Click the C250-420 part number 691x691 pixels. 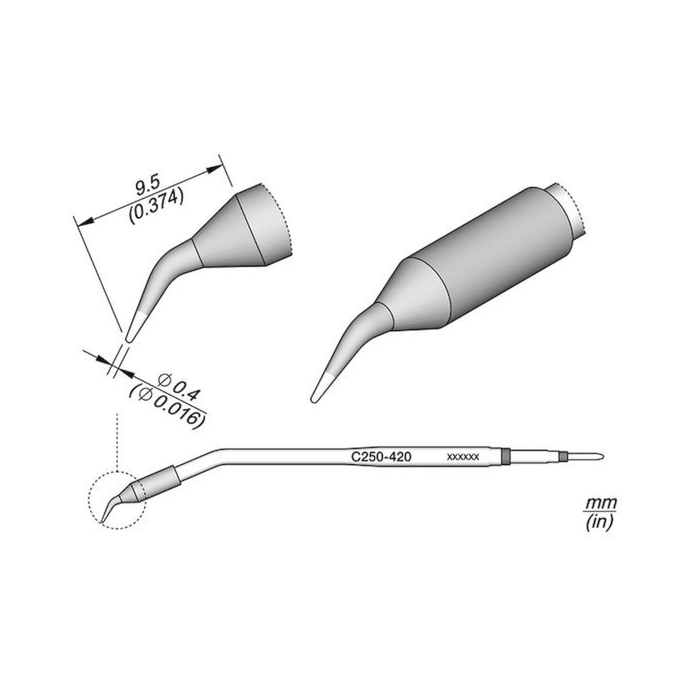381,457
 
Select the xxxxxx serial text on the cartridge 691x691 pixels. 463,457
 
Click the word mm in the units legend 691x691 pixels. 601,504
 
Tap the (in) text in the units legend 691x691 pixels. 599,523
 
